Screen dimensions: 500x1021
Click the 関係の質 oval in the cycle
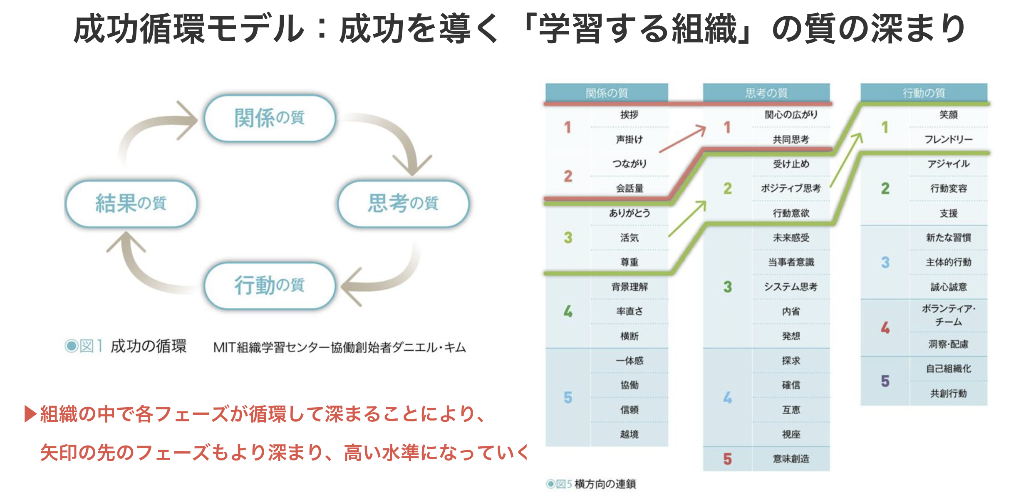click(x=270, y=118)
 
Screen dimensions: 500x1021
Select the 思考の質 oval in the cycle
click(x=403, y=203)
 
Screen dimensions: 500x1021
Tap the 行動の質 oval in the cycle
click(x=270, y=285)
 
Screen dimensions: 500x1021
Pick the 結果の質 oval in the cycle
click(x=131, y=203)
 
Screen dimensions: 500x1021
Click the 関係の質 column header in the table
click(x=607, y=93)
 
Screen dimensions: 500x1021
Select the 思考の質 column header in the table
click(x=766, y=93)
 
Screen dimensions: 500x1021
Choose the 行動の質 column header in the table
click(x=924, y=93)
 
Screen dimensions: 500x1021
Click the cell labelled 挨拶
click(x=629, y=115)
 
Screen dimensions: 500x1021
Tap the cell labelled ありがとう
click(x=629, y=213)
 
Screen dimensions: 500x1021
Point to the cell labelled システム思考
click(x=791, y=287)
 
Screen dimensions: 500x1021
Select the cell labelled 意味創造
click(x=791, y=459)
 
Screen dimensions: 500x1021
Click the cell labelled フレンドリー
click(x=948, y=139)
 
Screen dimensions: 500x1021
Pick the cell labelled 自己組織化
click(x=948, y=369)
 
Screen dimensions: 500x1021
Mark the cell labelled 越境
click(x=629, y=434)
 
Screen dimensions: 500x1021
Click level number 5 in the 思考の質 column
click(x=727, y=459)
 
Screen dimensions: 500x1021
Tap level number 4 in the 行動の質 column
click(x=885, y=328)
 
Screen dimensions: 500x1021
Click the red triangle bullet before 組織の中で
click(x=30, y=414)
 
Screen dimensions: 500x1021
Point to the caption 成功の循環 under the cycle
click(x=148, y=346)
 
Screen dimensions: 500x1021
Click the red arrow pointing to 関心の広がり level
click(x=683, y=139)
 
